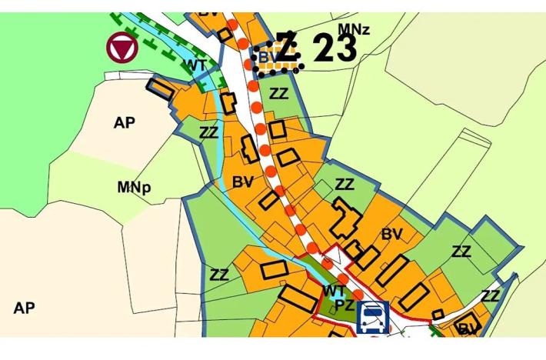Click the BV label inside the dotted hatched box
(267, 57)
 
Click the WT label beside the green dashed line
(195, 66)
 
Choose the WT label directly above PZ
(333, 291)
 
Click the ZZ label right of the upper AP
(208, 132)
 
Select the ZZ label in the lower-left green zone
(219, 275)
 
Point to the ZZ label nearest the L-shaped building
(345, 185)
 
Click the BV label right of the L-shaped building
(391, 234)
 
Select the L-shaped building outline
(346, 219)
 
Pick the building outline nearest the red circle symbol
(161, 88)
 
